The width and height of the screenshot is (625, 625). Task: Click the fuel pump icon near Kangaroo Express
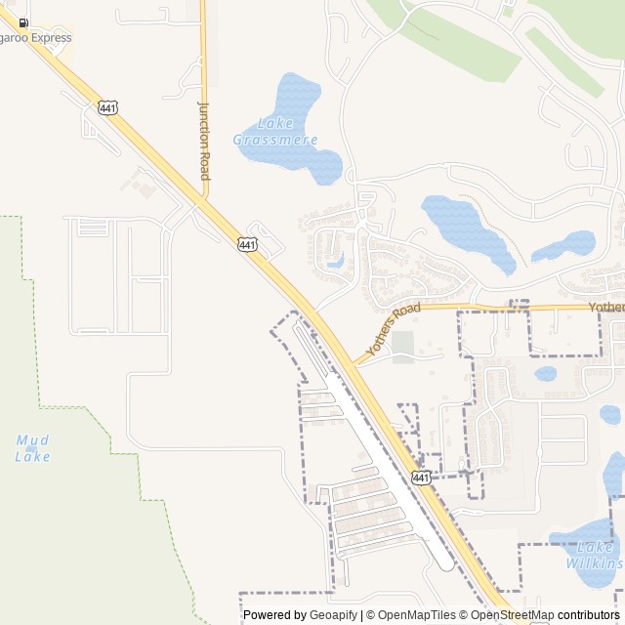pos(23,22)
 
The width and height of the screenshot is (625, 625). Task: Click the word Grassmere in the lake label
pos(275,140)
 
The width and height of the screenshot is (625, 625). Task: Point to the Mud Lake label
pos(32,448)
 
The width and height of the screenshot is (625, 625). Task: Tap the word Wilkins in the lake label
pos(595,563)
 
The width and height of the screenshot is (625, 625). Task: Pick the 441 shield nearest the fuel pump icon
pos(108,105)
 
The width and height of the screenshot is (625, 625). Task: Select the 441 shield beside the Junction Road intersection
pos(248,244)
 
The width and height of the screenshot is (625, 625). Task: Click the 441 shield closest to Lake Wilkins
pos(421,477)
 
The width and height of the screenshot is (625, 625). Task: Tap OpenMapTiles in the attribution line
pos(417,614)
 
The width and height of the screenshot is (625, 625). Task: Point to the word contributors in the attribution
pos(588,614)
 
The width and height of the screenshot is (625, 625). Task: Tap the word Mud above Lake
pos(32,440)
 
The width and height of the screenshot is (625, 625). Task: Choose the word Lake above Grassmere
pos(276,123)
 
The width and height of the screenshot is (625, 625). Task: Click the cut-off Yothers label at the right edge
pos(606,307)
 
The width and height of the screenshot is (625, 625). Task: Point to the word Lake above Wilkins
pos(595,548)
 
